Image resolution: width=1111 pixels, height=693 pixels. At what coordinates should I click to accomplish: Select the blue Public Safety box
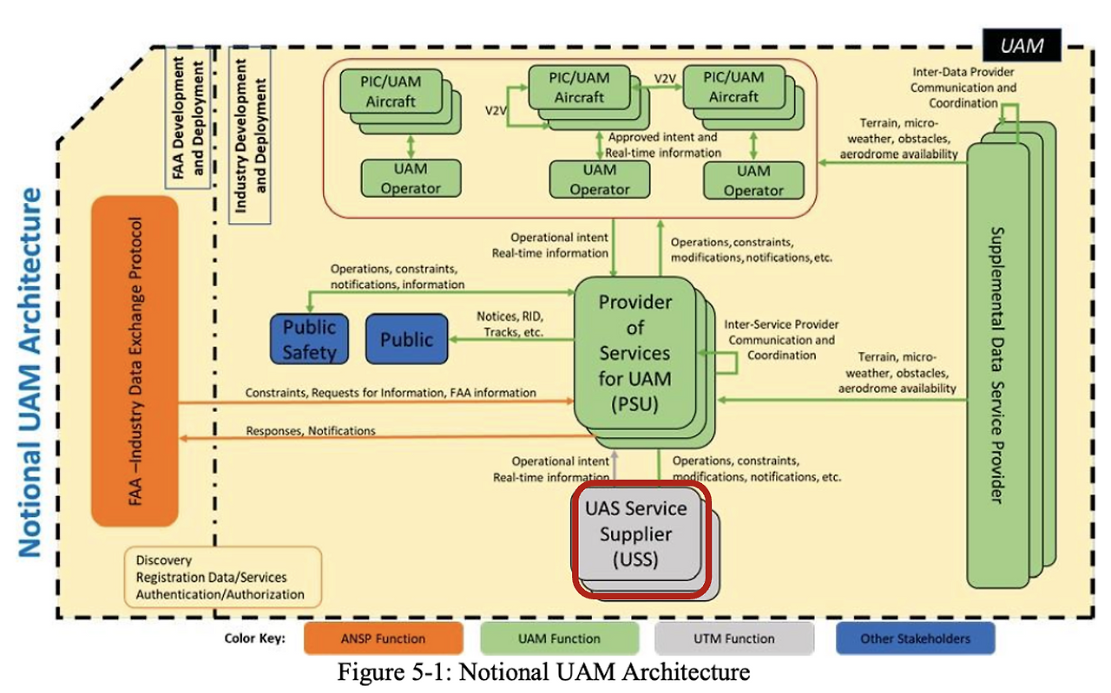tap(309, 339)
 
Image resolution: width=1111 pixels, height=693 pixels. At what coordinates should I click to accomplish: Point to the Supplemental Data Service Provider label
tap(996, 364)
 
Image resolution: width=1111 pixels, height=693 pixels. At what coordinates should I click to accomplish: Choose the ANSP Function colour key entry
tap(383, 639)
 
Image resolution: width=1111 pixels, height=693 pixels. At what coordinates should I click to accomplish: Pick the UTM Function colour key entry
tap(733, 639)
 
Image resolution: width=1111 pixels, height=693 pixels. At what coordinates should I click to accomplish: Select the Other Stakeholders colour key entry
tap(915, 639)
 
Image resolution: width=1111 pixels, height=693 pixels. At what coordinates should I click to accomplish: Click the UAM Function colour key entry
tap(558, 639)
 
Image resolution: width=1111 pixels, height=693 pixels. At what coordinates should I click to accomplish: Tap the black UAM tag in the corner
tap(1022, 45)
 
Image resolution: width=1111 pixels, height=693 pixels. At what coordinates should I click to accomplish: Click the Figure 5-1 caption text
tap(542, 672)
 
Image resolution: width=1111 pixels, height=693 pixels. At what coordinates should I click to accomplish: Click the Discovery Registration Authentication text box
tap(221, 577)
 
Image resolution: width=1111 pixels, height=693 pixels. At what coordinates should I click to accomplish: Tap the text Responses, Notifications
tap(310, 431)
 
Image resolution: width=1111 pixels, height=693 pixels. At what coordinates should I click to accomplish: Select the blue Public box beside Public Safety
tap(406, 339)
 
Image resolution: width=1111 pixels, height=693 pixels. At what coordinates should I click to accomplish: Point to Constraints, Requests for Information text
tap(390, 393)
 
